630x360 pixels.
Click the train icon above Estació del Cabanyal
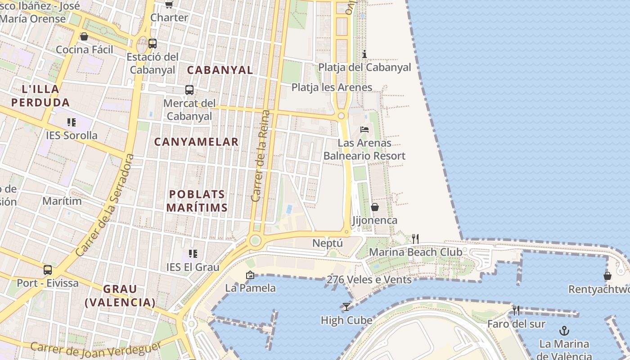[x=153, y=44]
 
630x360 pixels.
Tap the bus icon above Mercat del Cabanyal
[x=189, y=90]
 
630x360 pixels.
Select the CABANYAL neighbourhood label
[x=220, y=70]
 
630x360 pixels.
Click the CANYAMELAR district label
[x=196, y=142]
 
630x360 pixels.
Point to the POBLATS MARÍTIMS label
[x=197, y=201]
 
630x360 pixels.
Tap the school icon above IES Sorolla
[x=71, y=122]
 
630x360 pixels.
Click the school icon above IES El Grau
[x=193, y=254]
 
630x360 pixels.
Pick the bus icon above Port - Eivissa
[x=48, y=270]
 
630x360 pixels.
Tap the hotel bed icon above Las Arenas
[x=364, y=130]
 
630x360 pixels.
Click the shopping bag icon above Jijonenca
[x=374, y=207]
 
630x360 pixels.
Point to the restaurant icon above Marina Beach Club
[x=415, y=239]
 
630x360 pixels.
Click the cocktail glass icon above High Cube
[x=346, y=307]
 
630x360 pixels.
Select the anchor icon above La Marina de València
[x=564, y=331]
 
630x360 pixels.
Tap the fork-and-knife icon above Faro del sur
[x=516, y=310]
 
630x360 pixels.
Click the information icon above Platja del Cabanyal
[x=364, y=54]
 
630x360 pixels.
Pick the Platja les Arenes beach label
[x=332, y=87]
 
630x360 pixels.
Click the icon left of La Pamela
[x=250, y=275]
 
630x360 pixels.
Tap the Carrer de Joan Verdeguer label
[x=96, y=350]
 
